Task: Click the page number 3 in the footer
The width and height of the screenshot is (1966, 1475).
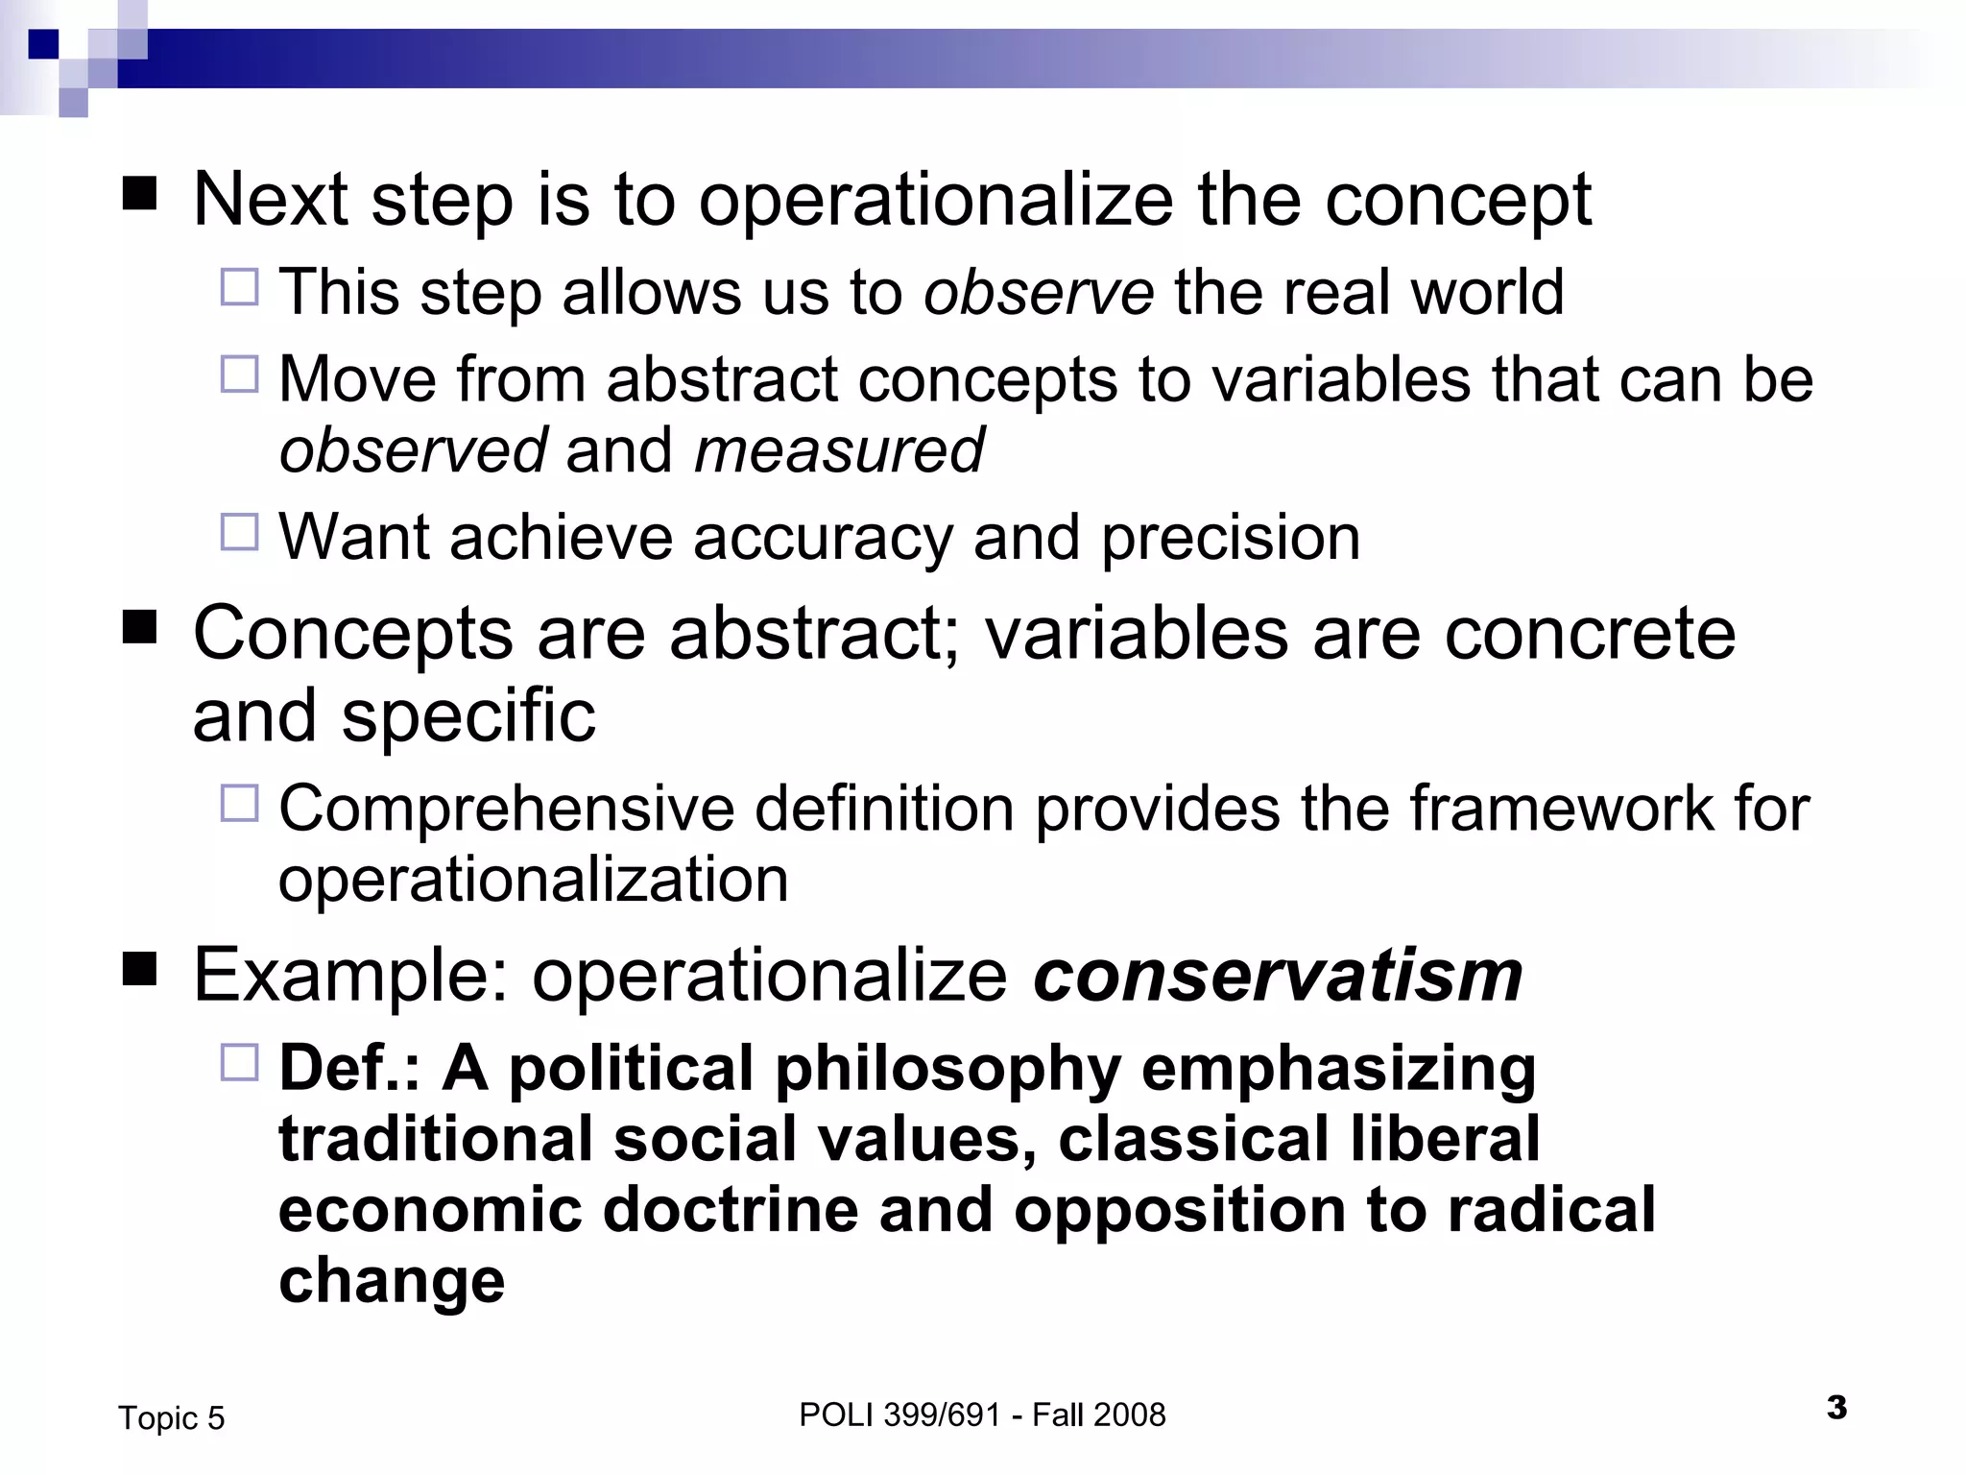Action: click(x=1836, y=1408)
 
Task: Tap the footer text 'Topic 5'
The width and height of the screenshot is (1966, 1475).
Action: click(x=171, y=1418)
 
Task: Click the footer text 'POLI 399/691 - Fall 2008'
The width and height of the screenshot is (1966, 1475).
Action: click(x=982, y=1415)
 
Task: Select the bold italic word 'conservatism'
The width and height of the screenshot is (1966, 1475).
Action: click(x=1278, y=975)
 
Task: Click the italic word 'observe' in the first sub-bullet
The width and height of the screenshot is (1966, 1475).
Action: click(x=1038, y=292)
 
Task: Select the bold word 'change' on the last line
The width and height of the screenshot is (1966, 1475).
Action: click(x=392, y=1281)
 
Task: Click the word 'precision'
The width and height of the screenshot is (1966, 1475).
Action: click(x=1231, y=537)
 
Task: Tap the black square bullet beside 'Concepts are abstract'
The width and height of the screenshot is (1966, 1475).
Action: click(x=140, y=629)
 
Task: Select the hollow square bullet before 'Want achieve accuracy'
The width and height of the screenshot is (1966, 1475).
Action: click(x=240, y=532)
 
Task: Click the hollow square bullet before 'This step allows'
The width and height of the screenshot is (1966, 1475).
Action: click(x=240, y=287)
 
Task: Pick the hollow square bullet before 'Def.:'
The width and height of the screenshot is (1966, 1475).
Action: click(x=240, y=1063)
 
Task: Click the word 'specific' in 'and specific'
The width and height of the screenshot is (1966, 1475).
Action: click(x=468, y=716)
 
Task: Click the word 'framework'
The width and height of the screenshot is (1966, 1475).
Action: click(x=1561, y=809)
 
